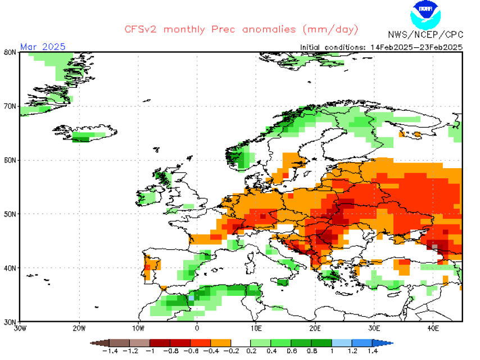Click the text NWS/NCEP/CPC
[x=425, y=35]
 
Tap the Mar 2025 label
[x=43, y=46]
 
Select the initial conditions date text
[x=381, y=47]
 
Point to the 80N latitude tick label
[x=10, y=52]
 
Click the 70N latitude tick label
[x=10, y=106]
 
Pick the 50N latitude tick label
[x=10, y=214]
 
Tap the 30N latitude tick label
[x=10, y=321]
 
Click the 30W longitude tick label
[x=20, y=328]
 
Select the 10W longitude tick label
[x=138, y=328]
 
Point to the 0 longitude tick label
[x=197, y=328]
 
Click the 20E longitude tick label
[x=315, y=328]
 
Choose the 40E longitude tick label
[x=433, y=328]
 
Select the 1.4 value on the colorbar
[x=372, y=352]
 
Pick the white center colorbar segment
[x=241, y=343]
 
